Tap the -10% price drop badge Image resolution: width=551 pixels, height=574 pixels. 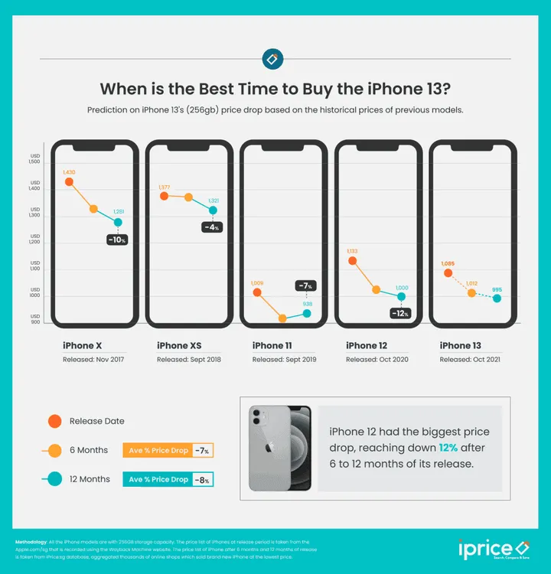pos(116,240)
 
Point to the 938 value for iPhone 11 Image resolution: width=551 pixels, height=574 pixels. pos(308,304)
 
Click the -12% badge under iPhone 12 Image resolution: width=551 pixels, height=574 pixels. pos(399,313)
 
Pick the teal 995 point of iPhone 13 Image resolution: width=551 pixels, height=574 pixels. pos(497,298)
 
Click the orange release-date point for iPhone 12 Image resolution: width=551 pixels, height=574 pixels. pos(352,261)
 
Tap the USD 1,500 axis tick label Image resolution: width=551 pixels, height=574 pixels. pos(34,158)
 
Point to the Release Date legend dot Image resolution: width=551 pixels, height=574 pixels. pos(54,421)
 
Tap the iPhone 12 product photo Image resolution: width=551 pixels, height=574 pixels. pos(280,448)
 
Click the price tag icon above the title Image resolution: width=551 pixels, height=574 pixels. pos(272,59)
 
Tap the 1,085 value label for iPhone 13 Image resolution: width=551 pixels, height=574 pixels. pos(448,264)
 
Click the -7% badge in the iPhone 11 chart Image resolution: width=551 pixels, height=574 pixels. pos(306,285)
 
